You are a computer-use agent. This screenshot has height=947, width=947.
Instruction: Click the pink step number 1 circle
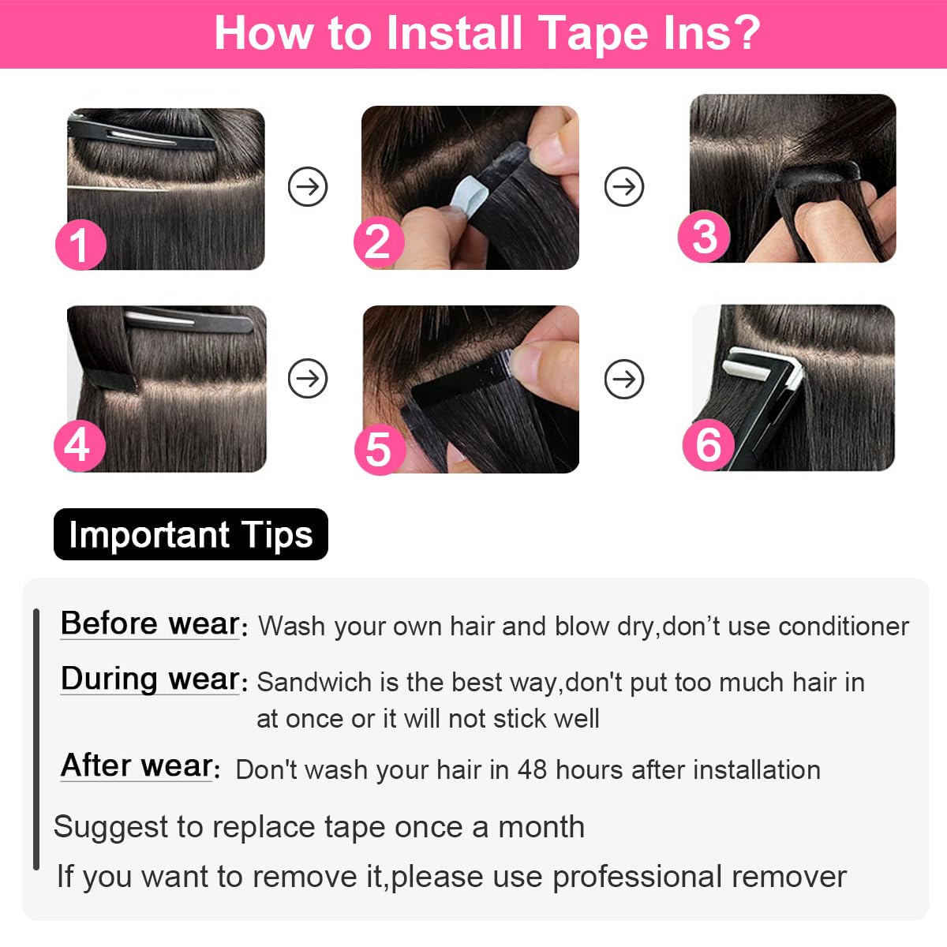coord(80,245)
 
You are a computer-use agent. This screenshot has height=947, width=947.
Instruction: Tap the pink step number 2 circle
coord(379,242)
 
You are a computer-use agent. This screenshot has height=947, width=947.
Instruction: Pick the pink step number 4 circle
coord(79,445)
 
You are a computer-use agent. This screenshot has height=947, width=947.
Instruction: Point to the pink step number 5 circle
coord(380,449)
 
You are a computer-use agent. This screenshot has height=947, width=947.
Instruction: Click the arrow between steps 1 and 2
coord(308,187)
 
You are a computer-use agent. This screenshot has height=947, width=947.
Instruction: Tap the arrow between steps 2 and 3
coord(624,187)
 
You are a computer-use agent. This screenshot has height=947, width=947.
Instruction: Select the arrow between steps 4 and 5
coord(308,379)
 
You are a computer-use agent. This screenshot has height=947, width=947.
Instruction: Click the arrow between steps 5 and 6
coord(624,380)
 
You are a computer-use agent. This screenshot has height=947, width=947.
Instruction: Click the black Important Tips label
coord(191,534)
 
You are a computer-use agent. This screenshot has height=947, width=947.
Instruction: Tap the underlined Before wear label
coord(150,623)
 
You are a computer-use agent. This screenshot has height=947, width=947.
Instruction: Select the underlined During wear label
coord(150,679)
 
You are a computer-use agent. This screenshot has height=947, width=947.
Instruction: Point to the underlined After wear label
coord(137,765)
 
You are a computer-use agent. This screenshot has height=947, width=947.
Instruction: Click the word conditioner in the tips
coord(843,627)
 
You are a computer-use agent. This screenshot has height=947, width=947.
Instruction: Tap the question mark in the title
coord(743,33)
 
